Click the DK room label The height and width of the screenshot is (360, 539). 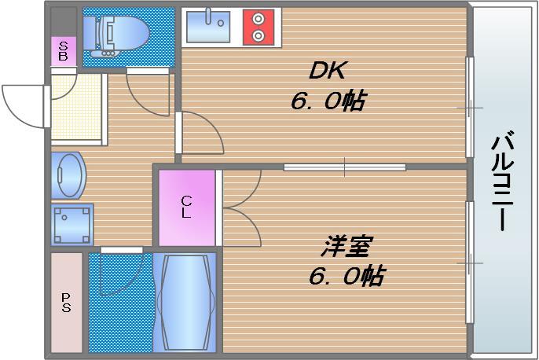[x=327, y=72]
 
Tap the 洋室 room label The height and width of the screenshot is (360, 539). [x=346, y=246]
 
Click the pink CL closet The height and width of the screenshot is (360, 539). [x=186, y=207]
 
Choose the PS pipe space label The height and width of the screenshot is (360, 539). [x=66, y=302]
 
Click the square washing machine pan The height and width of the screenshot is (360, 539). [x=72, y=224]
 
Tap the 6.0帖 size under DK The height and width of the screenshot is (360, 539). [x=327, y=102]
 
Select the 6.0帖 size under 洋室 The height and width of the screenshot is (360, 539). [x=346, y=276]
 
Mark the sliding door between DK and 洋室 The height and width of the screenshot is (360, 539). [x=344, y=167]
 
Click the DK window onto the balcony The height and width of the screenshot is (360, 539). [x=469, y=105]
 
